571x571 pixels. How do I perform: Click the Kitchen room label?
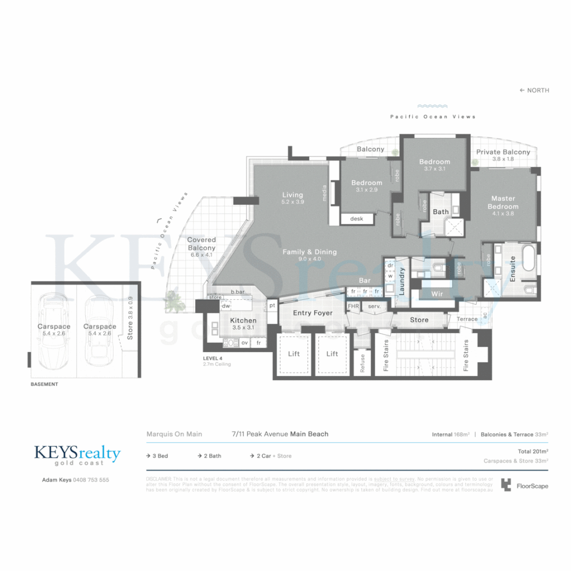[243, 320]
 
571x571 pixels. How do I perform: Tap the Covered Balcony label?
[201, 244]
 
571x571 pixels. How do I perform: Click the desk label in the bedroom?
[357, 218]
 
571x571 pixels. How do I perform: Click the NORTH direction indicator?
[535, 90]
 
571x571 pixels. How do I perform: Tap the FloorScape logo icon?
[506, 485]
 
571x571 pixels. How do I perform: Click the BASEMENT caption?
[44, 384]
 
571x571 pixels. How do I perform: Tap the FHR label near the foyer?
[353, 306]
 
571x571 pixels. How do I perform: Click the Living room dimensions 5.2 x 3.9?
[292, 202]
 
